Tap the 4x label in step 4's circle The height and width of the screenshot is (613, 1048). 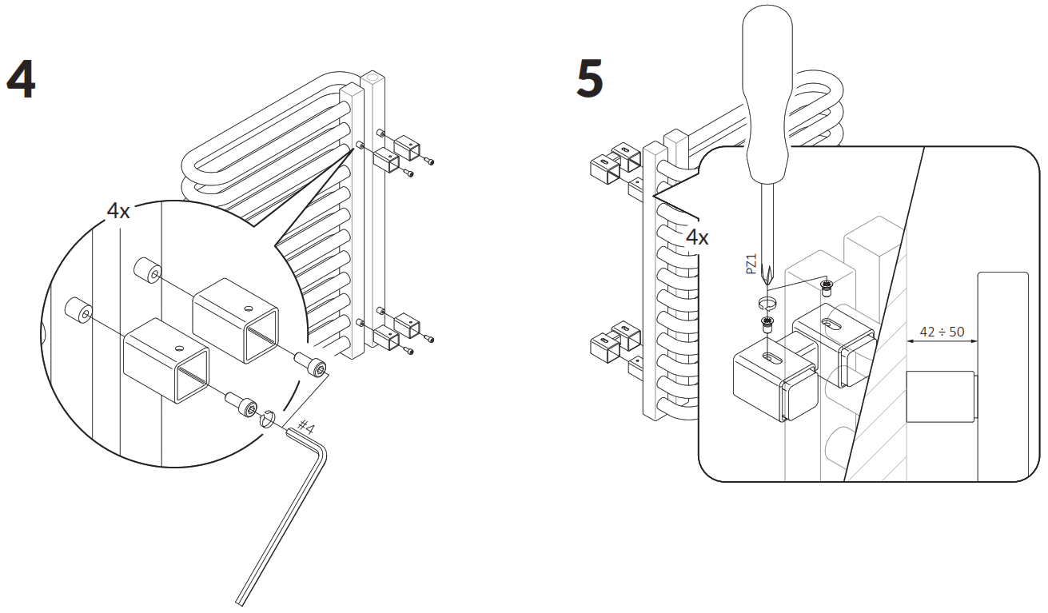(x=118, y=211)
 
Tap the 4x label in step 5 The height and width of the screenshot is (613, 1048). (x=697, y=237)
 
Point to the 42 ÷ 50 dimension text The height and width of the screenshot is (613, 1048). (x=942, y=332)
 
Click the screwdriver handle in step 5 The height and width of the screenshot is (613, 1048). (x=767, y=96)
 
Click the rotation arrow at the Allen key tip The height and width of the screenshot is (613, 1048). (x=269, y=417)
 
